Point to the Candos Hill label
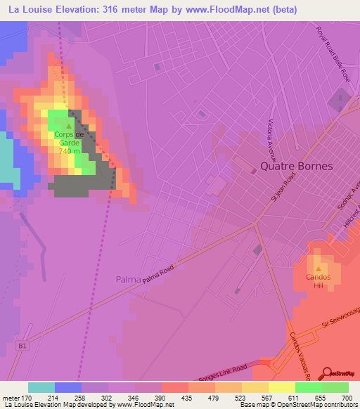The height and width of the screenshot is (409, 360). click(x=318, y=280)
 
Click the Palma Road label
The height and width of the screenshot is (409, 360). click(x=157, y=275)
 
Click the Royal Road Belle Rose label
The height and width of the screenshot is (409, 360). click(x=332, y=53)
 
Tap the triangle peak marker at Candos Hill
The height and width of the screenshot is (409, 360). click(x=318, y=268)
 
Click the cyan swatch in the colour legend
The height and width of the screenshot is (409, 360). click(x=41, y=387)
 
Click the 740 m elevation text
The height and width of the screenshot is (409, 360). click(x=69, y=150)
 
